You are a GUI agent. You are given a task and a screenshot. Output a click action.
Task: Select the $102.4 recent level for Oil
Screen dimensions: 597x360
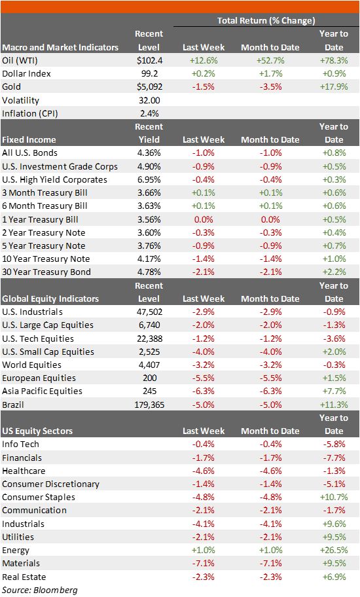coord(149,60)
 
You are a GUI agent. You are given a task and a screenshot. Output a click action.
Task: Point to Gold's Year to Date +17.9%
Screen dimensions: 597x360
coord(334,86)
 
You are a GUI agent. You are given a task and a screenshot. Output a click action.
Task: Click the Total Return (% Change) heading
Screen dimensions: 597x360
coord(266,21)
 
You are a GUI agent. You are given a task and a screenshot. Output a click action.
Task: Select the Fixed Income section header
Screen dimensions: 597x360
coord(29,139)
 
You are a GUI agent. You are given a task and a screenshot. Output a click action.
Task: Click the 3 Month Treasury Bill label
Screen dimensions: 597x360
coord(45,192)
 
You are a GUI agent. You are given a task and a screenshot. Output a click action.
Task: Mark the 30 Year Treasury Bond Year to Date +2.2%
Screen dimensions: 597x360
coord(334,272)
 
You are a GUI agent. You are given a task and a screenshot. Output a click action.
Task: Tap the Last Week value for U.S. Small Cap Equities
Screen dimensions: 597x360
coord(203,352)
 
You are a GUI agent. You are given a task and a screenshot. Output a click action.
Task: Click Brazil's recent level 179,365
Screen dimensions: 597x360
coord(149,405)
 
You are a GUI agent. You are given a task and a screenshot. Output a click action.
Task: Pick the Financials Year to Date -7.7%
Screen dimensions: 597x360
coord(334,458)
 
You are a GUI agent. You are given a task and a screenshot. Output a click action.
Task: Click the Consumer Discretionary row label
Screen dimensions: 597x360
coord(50,484)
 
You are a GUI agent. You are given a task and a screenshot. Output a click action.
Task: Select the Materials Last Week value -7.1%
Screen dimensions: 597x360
coord(203,563)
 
